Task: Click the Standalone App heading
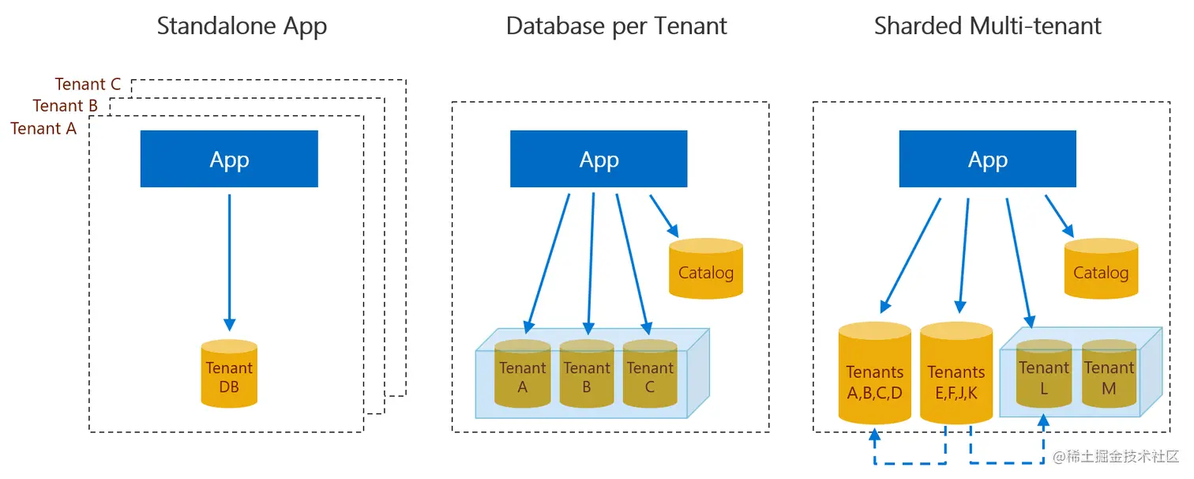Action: (x=242, y=26)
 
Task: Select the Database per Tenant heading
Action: (x=616, y=26)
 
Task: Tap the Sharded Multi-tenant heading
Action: (x=987, y=26)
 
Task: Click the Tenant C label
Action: (x=88, y=85)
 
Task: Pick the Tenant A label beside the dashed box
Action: (x=43, y=128)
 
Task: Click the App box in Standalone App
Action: (x=229, y=159)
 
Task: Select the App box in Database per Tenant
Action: (x=599, y=159)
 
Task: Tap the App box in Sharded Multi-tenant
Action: (x=987, y=159)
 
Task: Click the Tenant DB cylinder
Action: (x=229, y=375)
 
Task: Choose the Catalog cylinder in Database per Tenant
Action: (x=706, y=271)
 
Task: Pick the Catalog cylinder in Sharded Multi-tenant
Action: (x=1101, y=271)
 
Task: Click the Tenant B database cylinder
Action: (x=587, y=375)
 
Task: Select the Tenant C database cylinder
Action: (x=650, y=375)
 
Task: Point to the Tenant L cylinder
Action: (x=1044, y=375)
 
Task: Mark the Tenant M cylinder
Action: (x=1109, y=375)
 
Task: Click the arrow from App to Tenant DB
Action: (x=229, y=261)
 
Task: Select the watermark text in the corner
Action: (x=1116, y=458)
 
